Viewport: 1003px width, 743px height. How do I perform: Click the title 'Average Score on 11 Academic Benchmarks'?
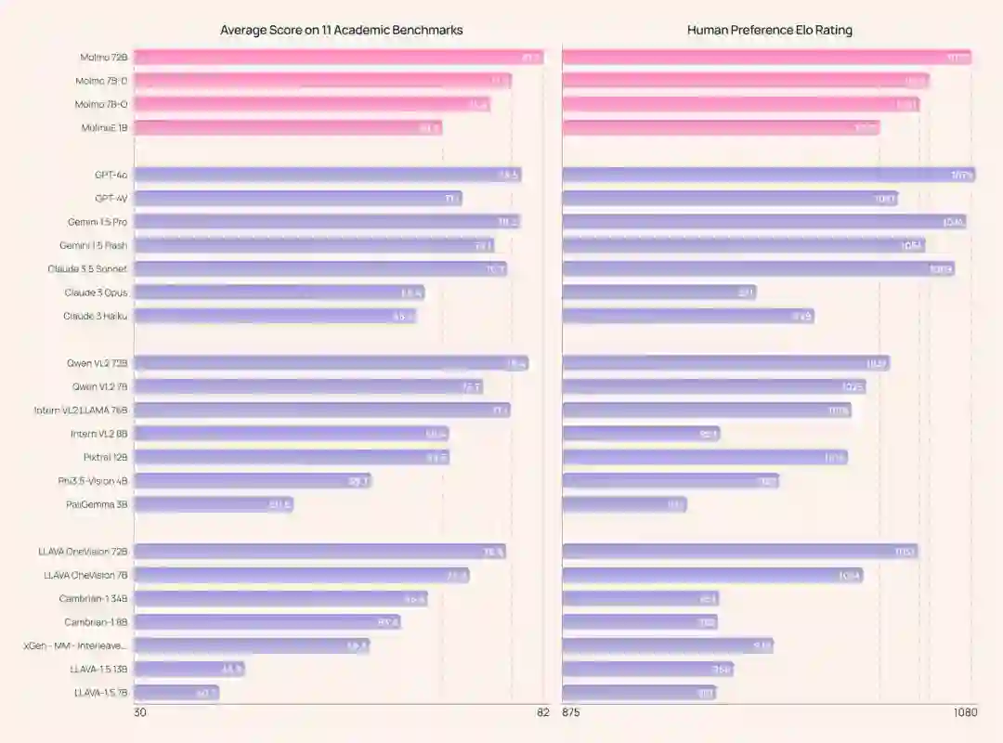(341, 30)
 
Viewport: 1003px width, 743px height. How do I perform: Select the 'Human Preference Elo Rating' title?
(769, 30)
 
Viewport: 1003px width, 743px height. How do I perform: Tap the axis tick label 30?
(140, 713)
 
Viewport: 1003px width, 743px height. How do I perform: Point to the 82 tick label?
(542, 713)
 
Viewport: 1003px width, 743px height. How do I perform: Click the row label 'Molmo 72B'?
(103, 58)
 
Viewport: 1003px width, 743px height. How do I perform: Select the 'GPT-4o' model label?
(111, 175)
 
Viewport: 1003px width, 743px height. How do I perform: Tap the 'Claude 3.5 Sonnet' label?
(87, 268)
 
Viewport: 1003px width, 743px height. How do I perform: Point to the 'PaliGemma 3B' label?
(97, 504)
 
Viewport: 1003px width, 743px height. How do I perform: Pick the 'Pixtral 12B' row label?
(105, 457)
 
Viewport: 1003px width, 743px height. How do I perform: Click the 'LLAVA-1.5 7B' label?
(100, 693)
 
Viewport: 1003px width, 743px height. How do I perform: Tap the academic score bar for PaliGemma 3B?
(214, 504)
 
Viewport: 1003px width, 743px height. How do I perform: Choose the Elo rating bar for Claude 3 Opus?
(658, 293)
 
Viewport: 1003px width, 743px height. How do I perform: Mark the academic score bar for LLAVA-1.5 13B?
(189, 669)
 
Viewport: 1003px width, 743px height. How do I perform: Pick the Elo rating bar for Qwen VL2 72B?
(725, 363)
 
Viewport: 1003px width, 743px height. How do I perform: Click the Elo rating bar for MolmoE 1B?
(721, 127)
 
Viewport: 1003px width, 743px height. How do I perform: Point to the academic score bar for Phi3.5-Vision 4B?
(253, 481)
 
